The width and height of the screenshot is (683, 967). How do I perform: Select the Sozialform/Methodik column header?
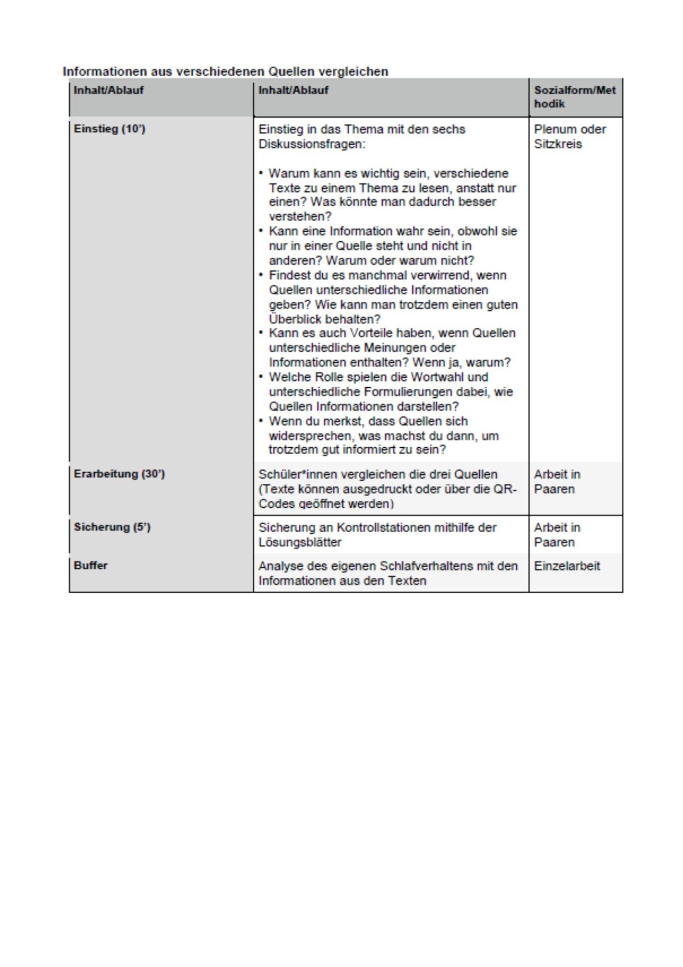click(x=574, y=97)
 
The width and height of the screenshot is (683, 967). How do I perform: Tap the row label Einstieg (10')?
click(x=109, y=129)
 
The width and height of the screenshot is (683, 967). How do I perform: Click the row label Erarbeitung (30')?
click(x=119, y=474)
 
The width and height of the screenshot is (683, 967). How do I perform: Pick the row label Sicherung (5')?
click(x=112, y=527)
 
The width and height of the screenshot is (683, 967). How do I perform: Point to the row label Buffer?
click(x=91, y=566)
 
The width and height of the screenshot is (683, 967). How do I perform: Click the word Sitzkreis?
click(x=558, y=144)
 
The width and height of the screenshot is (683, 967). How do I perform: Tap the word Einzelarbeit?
click(x=567, y=566)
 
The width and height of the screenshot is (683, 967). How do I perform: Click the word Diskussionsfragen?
click(x=312, y=144)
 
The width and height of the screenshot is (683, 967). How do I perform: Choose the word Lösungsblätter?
click(x=300, y=542)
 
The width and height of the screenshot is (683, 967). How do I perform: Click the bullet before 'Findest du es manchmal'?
click(x=261, y=275)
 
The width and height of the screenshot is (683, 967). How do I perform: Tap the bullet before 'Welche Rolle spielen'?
click(x=261, y=377)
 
